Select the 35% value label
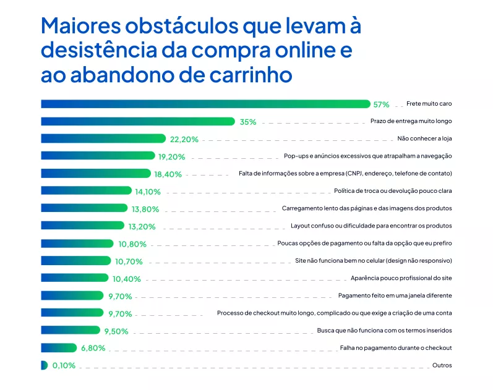(x=248, y=122)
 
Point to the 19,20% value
(x=171, y=157)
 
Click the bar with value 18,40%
(x=95, y=174)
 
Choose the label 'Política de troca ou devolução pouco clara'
(x=393, y=191)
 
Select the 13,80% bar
(x=84, y=208)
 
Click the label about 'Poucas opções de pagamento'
(x=364, y=244)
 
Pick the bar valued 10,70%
(x=75, y=261)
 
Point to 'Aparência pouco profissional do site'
(x=401, y=278)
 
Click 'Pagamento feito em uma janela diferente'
(x=395, y=295)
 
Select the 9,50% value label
(x=116, y=331)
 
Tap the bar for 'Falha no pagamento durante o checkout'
(x=59, y=347)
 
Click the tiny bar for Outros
(x=43, y=365)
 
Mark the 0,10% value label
(x=64, y=365)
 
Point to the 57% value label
(x=381, y=104)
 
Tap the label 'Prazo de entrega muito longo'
(x=411, y=122)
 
